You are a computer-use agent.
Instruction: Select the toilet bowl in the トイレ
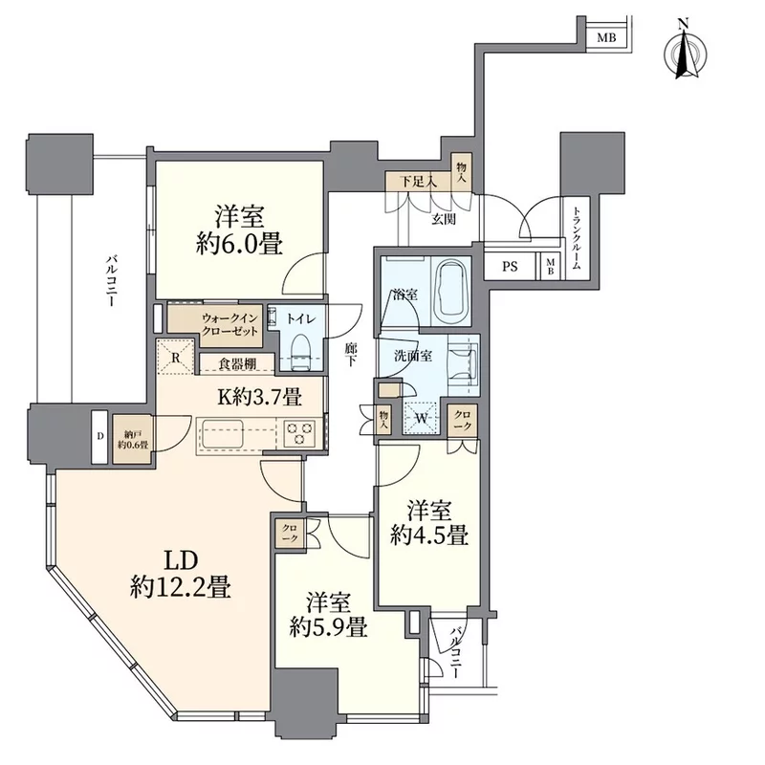tap(300, 352)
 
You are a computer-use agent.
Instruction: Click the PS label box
tap(510, 267)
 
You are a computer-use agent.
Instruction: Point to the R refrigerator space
tap(176, 357)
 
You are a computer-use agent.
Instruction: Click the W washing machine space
tap(422, 417)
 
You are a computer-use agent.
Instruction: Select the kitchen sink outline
tap(223, 433)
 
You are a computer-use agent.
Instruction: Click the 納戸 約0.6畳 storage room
tap(133, 439)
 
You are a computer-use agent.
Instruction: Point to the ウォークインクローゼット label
tap(229, 325)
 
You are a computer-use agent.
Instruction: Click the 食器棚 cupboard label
tap(237, 364)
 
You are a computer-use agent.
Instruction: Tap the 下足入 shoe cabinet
tap(419, 182)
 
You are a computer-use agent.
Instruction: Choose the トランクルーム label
tap(577, 238)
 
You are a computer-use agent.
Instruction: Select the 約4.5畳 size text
tap(429, 535)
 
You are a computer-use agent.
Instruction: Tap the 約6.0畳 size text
tap(240, 243)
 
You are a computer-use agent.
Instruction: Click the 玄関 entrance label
tap(444, 219)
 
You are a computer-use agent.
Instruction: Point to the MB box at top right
tap(606, 37)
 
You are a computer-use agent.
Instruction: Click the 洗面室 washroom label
tap(413, 355)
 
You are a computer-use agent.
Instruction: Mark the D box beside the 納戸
tap(100, 437)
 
